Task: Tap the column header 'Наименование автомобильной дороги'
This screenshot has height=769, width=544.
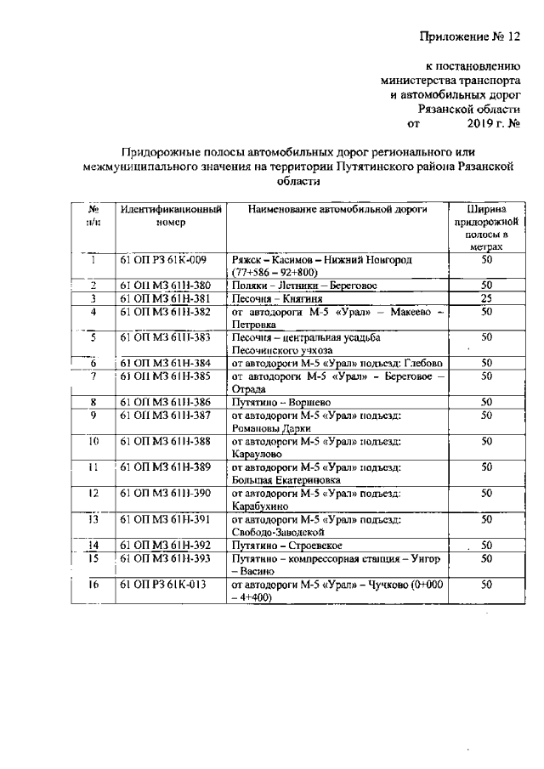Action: click(338, 209)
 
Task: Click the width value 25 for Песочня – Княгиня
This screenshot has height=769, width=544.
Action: click(486, 299)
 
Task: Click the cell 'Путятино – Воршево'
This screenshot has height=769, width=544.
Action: click(280, 401)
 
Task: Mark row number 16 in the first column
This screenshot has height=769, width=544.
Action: click(93, 585)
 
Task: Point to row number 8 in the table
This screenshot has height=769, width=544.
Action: click(93, 401)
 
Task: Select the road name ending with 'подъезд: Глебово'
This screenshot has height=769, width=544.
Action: click(337, 363)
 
